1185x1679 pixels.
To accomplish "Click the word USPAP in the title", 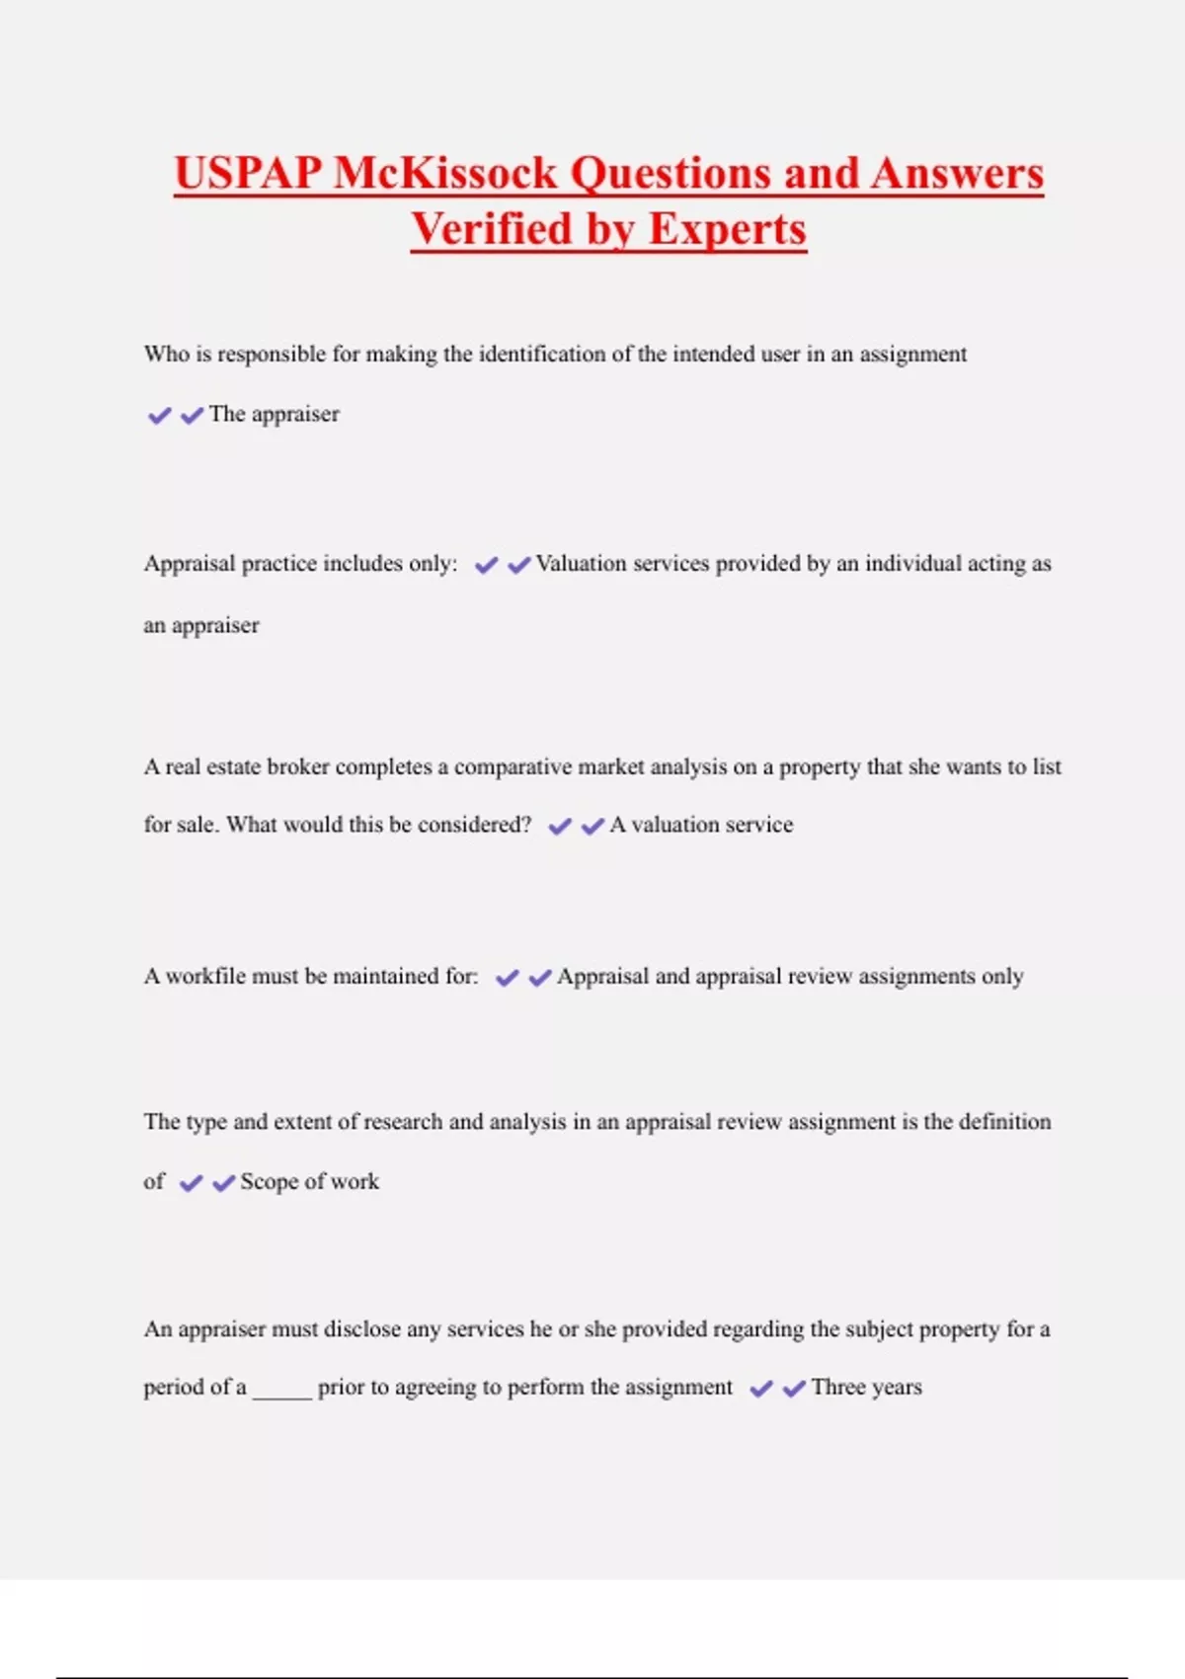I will point(248,174).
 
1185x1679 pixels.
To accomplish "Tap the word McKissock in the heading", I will point(445,174).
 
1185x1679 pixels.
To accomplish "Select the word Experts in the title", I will point(728,229).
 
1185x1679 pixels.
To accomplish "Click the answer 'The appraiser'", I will point(274,414).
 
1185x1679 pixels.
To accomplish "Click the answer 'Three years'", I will point(866,1387).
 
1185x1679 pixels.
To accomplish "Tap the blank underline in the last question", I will point(281,1391).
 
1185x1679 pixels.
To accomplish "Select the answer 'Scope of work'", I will point(309,1181).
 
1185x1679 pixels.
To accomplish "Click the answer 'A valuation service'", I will point(701,825).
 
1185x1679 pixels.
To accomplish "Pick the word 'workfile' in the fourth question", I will point(204,976).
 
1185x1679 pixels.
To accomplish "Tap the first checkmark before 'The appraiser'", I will point(159,416).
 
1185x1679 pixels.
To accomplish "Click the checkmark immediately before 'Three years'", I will point(794,1389).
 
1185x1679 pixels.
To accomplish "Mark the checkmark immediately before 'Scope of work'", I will point(224,1183).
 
